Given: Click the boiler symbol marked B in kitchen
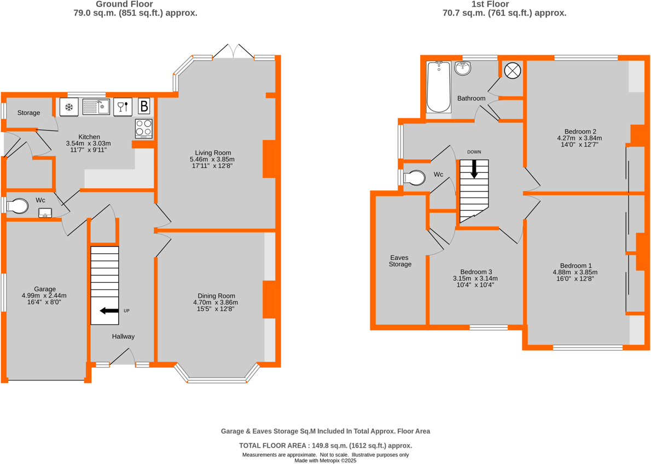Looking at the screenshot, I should [x=144, y=106].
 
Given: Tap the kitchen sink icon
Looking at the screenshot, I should [x=96, y=107].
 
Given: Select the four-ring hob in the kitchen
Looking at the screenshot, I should [x=144, y=128].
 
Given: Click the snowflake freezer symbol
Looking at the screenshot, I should [x=69, y=107].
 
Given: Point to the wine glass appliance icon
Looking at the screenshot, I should [x=123, y=107].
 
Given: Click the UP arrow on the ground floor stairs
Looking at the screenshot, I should [x=109, y=311].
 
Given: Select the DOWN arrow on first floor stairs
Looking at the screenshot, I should [x=474, y=168].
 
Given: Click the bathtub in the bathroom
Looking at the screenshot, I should [x=438, y=88].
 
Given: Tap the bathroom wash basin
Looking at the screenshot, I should [x=463, y=68].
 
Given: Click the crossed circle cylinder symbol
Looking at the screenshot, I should [x=513, y=70].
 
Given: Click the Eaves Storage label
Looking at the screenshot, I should [x=399, y=261].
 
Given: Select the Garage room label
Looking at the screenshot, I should [x=45, y=289].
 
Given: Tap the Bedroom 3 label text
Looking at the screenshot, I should [x=475, y=272].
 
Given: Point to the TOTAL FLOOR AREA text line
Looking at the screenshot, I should [x=326, y=446].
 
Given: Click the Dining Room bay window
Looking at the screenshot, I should [x=217, y=379].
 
